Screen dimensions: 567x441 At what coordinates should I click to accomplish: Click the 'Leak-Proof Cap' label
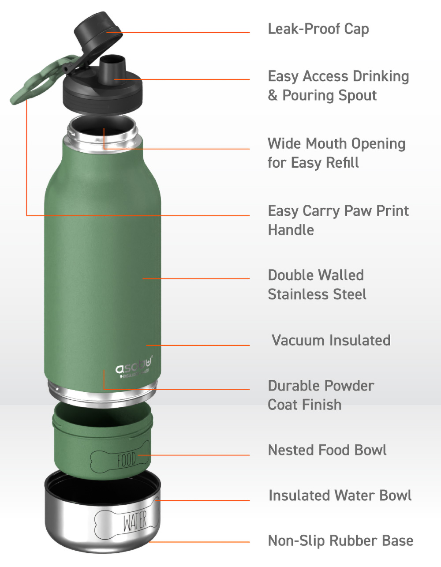318,29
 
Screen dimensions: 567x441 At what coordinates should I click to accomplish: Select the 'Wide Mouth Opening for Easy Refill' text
336,153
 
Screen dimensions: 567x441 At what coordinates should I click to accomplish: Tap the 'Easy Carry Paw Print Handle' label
338,220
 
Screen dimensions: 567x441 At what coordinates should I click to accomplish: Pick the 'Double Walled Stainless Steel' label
317,285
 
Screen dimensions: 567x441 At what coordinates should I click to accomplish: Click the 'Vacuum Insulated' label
331,340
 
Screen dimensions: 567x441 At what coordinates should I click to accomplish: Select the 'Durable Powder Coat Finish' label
321,395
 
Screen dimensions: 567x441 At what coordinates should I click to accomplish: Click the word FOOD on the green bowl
126,460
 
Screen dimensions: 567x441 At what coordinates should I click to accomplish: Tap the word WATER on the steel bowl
135,522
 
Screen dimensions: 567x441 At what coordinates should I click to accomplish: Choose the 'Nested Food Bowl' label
327,450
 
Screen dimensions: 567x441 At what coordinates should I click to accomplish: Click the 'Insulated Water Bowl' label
340,496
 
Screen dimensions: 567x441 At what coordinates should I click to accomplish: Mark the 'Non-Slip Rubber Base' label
340,541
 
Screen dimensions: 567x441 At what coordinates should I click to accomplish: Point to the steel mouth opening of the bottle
102,132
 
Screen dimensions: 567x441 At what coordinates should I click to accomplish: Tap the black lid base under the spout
102,95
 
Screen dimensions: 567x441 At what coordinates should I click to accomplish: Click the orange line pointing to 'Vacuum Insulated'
198,345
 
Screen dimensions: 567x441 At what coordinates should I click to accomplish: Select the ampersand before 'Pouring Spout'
273,95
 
